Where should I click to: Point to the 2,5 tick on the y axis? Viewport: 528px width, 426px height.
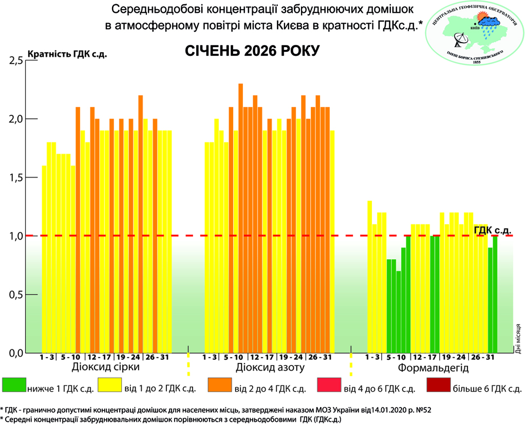pyautogui.click(x=16, y=61)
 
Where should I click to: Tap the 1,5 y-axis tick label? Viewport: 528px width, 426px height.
pyautogui.click(x=16, y=178)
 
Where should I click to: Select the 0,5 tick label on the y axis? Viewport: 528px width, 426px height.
pyautogui.click(x=16, y=295)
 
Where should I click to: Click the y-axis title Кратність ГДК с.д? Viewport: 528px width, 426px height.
pyautogui.click(x=67, y=54)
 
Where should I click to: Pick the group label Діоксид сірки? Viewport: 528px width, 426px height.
pyautogui.click(x=106, y=368)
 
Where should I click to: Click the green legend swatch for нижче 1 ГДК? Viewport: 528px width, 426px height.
pyautogui.click(x=14, y=385)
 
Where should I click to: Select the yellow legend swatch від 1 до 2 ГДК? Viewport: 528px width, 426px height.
pyautogui.click(x=110, y=385)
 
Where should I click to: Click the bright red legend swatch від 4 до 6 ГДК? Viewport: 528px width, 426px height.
pyautogui.click(x=329, y=385)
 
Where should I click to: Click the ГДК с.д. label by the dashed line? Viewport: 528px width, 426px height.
pyautogui.click(x=493, y=229)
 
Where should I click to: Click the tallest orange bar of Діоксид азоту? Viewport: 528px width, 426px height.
pyautogui.click(x=240, y=218)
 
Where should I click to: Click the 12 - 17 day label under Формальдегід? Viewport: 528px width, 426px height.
pyautogui.click(x=424, y=357)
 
